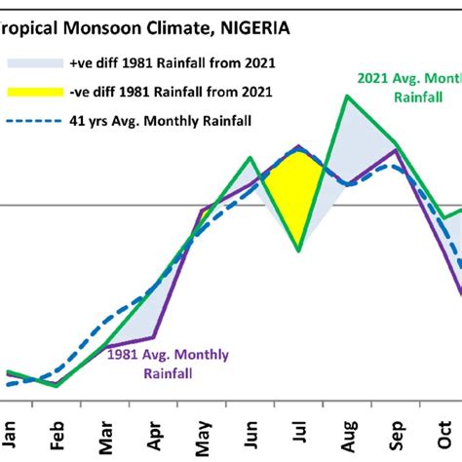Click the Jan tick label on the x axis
coord(8,436)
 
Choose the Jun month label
coord(250,436)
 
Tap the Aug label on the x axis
coord(347,435)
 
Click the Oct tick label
coord(443,436)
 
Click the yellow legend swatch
coord(33,93)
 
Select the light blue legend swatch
coord(33,63)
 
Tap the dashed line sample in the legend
coord(33,121)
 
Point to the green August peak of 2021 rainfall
coord(348,96)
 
